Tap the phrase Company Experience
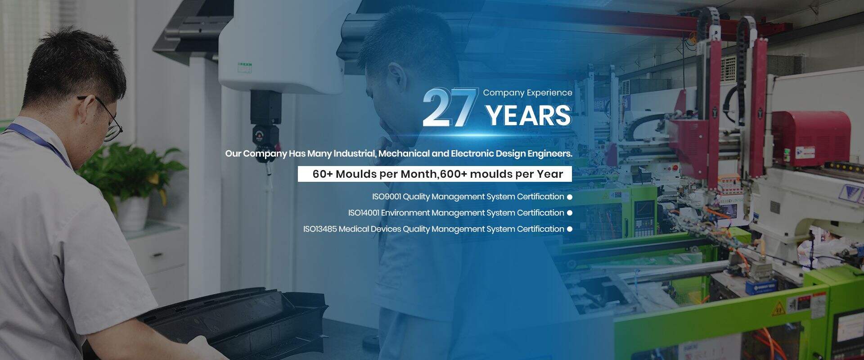[x=527, y=93]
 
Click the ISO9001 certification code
[x=386, y=197]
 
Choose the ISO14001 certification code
[x=364, y=213]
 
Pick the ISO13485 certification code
[x=320, y=229]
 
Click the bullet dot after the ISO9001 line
[x=569, y=197]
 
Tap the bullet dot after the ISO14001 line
[x=569, y=213]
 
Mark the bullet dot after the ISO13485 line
[x=569, y=229]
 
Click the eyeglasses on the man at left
[x=106, y=117]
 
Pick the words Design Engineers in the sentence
[x=534, y=153]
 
